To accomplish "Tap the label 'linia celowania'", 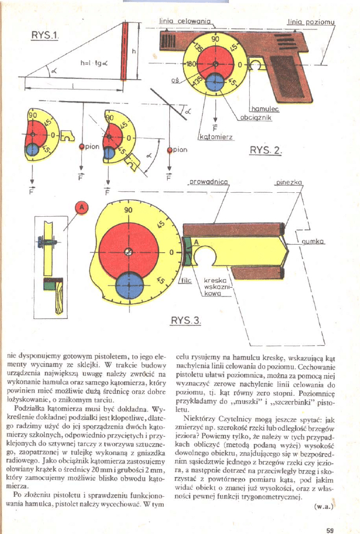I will pyautogui.click(x=176, y=21).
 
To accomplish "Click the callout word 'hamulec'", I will pyautogui.click(x=265, y=109).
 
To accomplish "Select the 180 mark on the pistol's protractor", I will pyautogui.click(x=192, y=64).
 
